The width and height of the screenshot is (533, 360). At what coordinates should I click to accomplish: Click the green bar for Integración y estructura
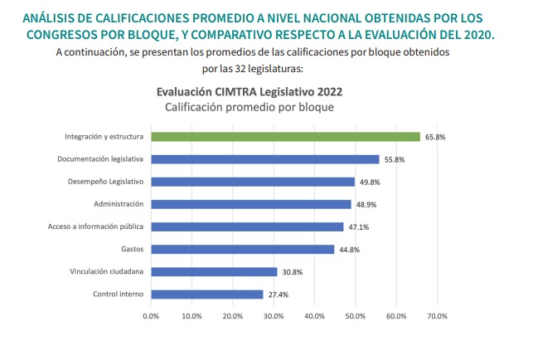(x=285, y=137)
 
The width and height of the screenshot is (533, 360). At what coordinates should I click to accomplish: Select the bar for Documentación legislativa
(x=264, y=159)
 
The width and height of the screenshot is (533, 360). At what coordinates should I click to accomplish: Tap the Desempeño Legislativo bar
(x=252, y=182)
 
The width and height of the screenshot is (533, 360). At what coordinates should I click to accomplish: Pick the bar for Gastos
(x=242, y=249)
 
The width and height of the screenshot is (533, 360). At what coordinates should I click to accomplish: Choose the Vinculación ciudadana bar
(x=214, y=271)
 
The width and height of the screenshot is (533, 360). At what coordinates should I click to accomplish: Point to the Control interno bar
(x=206, y=294)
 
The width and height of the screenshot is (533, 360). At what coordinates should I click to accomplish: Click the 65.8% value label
(x=434, y=137)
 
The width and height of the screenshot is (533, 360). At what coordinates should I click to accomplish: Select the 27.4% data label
(x=278, y=294)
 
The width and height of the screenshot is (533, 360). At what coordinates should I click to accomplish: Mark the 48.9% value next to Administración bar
(x=366, y=204)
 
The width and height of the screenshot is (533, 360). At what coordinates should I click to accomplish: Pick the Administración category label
(x=119, y=204)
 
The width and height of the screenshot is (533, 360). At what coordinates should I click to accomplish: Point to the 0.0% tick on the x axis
(x=151, y=316)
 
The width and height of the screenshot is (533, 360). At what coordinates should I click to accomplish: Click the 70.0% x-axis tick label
(x=437, y=316)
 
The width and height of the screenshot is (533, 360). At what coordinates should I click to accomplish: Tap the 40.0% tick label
(x=314, y=316)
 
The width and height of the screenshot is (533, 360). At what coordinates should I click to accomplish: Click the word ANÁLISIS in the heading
(x=51, y=17)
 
